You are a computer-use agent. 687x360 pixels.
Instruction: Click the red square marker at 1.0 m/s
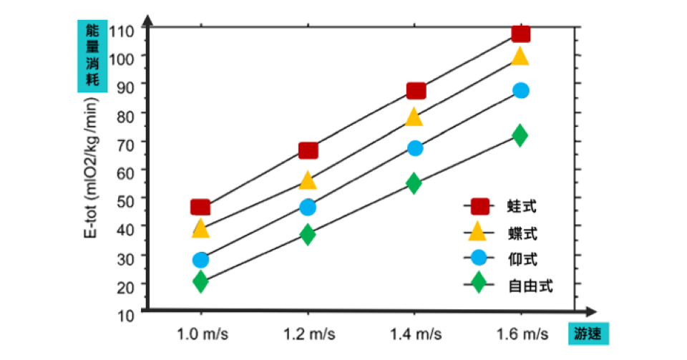[x=200, y=208]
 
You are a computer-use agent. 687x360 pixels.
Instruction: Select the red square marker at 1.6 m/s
[x=520, y=34]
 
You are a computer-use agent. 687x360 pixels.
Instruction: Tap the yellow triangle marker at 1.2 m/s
[x=308, y=180]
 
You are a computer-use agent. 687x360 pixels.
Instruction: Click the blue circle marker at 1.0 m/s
[x=200, y=259]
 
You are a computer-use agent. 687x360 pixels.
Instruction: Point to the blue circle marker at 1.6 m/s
[x=520, y=90]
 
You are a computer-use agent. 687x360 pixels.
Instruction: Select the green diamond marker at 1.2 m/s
[x=308, y=235]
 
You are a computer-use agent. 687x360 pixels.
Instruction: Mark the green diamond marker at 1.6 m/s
[x=520, y=135]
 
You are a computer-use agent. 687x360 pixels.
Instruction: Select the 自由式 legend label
[x=530, y=285]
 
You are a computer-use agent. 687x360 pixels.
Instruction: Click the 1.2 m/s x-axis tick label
[x=308, y=334]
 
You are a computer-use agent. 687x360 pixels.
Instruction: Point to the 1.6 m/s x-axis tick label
[x=520, y=334]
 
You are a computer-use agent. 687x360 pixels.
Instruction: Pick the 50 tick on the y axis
[x=125, y=198]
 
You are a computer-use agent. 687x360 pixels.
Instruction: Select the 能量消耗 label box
[x=92, y=54]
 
